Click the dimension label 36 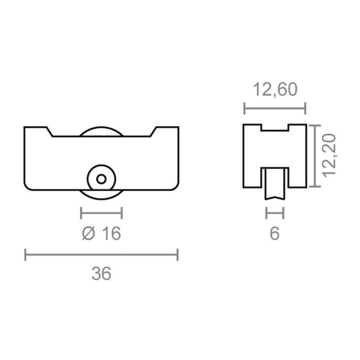coord(101,274)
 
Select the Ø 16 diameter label coord(101,233)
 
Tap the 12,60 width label coord(275,90)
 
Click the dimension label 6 coord(275,233)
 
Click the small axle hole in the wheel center coord(101,179)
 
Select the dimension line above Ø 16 coord(101,212)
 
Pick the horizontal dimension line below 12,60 coord(275,109)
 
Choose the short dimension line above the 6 coord(275,212)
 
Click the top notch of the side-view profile coord(275,128)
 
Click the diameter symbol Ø coord(88,233)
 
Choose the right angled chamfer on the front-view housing coord(152,132)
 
